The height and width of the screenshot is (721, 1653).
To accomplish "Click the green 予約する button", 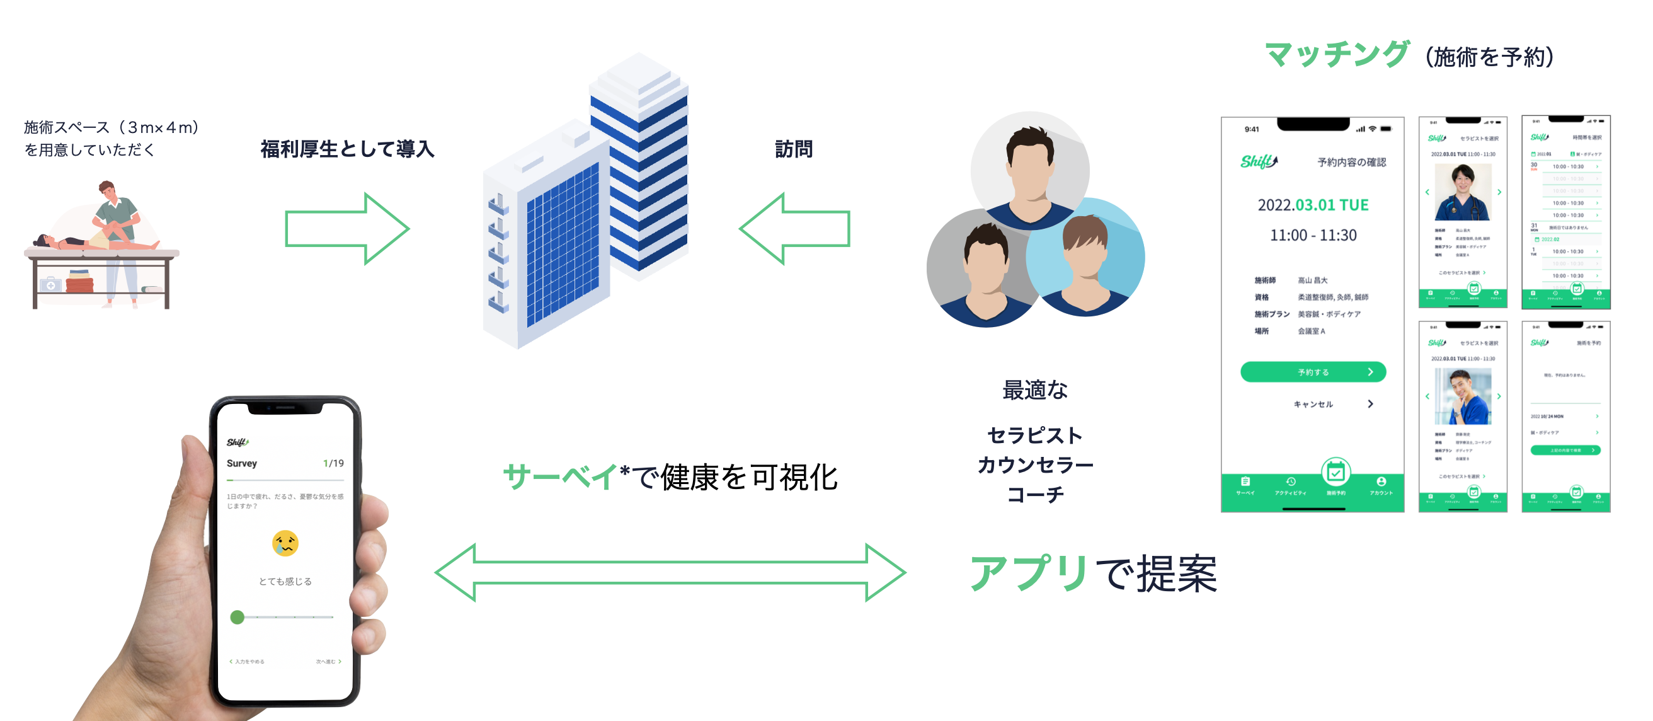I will coord(1313,372).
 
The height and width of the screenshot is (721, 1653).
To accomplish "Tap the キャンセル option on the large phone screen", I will coord(1313,404).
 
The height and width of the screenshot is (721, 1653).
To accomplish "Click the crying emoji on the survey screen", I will coord(285,543).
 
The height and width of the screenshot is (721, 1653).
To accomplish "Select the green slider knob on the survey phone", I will coord(237,617).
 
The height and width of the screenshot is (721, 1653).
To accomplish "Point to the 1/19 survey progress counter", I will coord(333,463).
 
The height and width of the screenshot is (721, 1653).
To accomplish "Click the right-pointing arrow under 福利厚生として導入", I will coord(347,228).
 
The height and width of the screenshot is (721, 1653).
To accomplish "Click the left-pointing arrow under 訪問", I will coord(794,228).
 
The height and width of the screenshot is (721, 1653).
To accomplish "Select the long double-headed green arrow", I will coord(670,572).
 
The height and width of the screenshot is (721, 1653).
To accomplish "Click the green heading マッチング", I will coord(1337,55).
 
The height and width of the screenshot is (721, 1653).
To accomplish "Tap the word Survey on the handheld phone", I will coord(241,463).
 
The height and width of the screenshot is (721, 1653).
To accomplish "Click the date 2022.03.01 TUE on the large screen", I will coord(1313,205).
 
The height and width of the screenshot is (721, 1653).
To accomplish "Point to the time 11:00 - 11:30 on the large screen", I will coord(1313,235).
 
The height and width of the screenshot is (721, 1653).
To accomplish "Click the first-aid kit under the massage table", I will coord(50,284).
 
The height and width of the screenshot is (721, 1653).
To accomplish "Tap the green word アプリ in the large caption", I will coord(1029,573).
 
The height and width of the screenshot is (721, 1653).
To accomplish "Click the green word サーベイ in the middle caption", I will coord(559,477).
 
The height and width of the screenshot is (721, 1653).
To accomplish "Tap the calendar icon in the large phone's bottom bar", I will coord(1336,473).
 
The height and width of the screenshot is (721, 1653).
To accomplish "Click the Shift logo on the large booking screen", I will coord(1259,162).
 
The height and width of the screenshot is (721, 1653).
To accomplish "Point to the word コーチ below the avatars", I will coord(1035,493).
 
